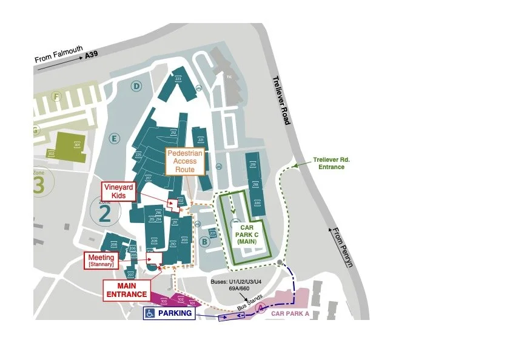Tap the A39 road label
click(91, 53)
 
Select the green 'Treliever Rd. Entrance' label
click(332, 163)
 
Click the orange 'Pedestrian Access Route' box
click(185, 161)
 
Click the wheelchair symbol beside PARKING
click(149, 314)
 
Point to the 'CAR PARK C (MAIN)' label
click(247, 233)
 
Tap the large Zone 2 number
click(106, 213)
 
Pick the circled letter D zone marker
click(137, 87)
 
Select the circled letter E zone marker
click(113, 138)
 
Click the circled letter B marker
click(205, 242)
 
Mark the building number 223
click(178, 79)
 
